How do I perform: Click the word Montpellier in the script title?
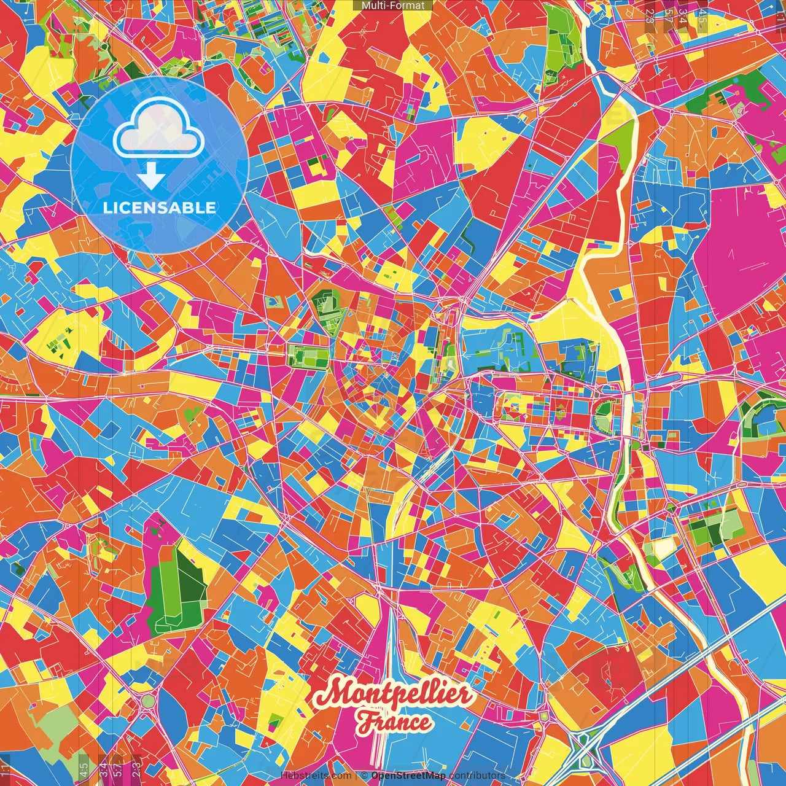coord(393,695)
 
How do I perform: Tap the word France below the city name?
coord(395,722)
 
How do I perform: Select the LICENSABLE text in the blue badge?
coord(160,208)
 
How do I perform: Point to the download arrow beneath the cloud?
coord(150,176)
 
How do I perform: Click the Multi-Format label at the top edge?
coord(393,6)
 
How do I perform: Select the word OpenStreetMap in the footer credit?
coord(408,776)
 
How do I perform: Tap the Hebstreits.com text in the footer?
coord(316,776)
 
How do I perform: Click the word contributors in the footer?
coord(477,776)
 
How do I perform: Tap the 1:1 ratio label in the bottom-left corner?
coord(5,768)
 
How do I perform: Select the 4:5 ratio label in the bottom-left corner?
coord(84,768)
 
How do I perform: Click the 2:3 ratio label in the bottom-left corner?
coord(136,768)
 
